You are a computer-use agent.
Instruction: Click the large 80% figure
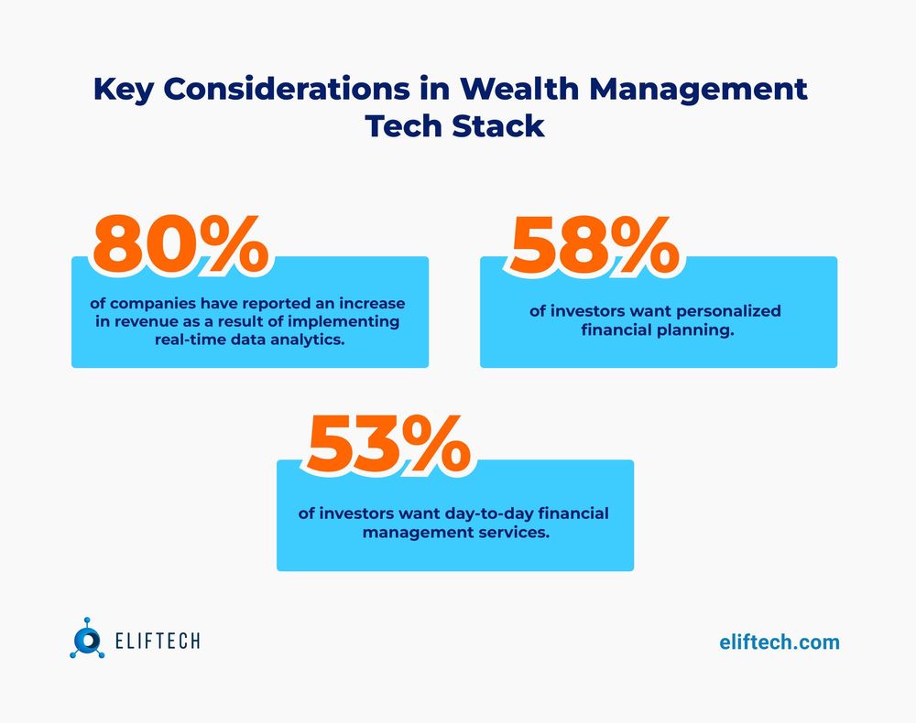180,245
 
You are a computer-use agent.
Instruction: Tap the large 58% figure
594,245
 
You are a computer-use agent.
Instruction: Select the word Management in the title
705,90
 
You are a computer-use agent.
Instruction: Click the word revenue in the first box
151,321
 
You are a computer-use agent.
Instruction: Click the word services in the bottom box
510,532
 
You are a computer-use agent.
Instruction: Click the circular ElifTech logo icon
88,637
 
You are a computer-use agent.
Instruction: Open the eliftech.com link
779,642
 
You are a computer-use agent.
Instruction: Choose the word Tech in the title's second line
403,125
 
